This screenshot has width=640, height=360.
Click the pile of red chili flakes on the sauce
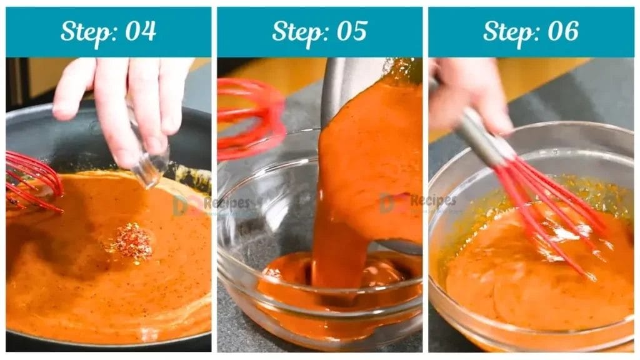click(131, 242)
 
